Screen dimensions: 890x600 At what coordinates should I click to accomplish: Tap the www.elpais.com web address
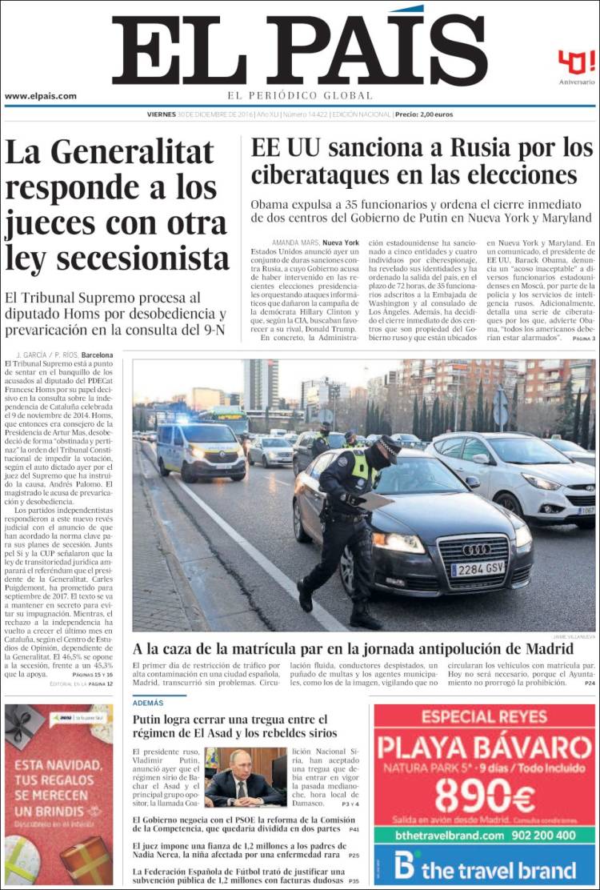[x=41, y=96]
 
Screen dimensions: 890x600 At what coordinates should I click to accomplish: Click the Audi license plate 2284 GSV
[x=478, y=569]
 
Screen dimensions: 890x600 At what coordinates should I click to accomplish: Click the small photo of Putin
[x=245, y=777]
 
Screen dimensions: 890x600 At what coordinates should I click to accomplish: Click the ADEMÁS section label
[x=148, y=702]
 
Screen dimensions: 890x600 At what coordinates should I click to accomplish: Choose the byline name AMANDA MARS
[x=295, y=243]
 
